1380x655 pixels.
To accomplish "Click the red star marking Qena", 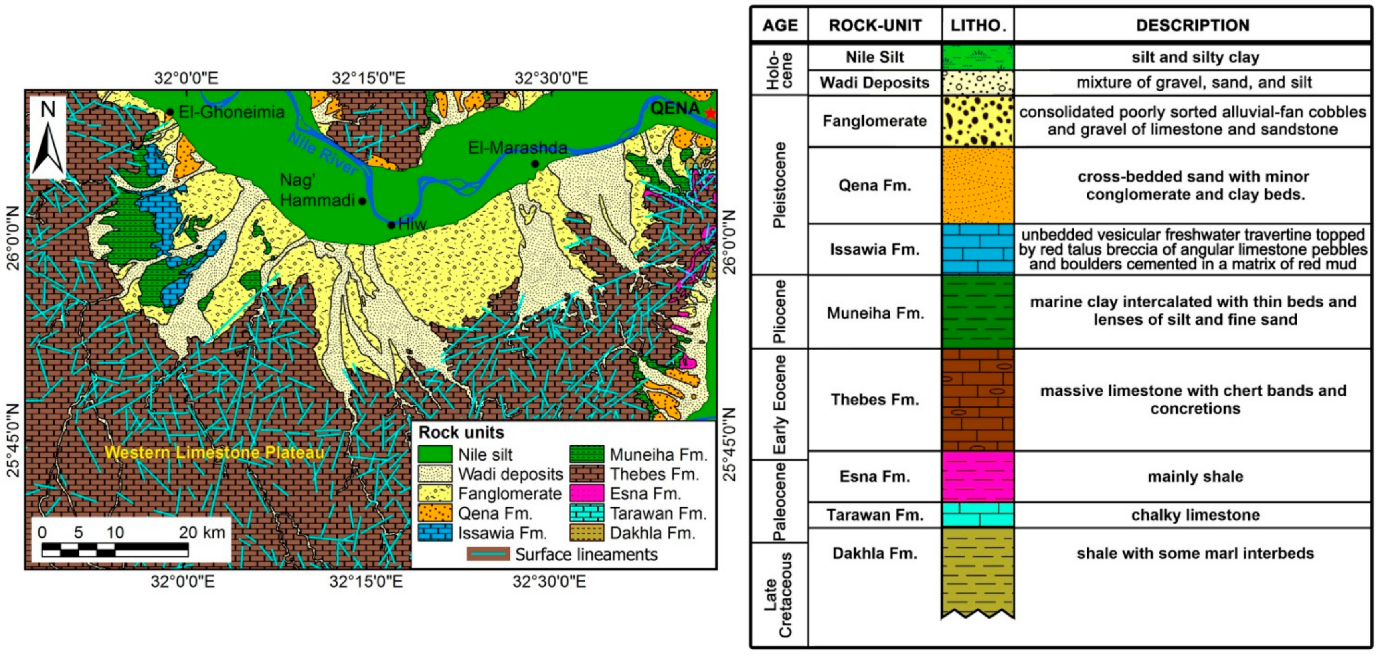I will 710,113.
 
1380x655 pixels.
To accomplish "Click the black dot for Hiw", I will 392,225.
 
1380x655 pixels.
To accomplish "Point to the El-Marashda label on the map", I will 518,148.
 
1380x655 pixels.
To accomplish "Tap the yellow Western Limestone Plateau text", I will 214,453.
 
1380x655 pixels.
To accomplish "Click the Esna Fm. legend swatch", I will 586,494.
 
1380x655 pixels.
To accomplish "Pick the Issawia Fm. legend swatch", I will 435,533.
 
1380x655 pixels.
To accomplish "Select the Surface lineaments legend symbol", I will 488,554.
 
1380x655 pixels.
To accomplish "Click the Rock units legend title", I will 461,432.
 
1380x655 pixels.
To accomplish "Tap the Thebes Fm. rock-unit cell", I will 875,400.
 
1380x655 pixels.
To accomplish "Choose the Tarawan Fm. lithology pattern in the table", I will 978,515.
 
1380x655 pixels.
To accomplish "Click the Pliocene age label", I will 779,312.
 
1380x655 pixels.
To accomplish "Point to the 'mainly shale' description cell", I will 1195,477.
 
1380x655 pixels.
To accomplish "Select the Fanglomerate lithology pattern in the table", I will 978,121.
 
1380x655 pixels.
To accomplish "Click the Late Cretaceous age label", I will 778,594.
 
